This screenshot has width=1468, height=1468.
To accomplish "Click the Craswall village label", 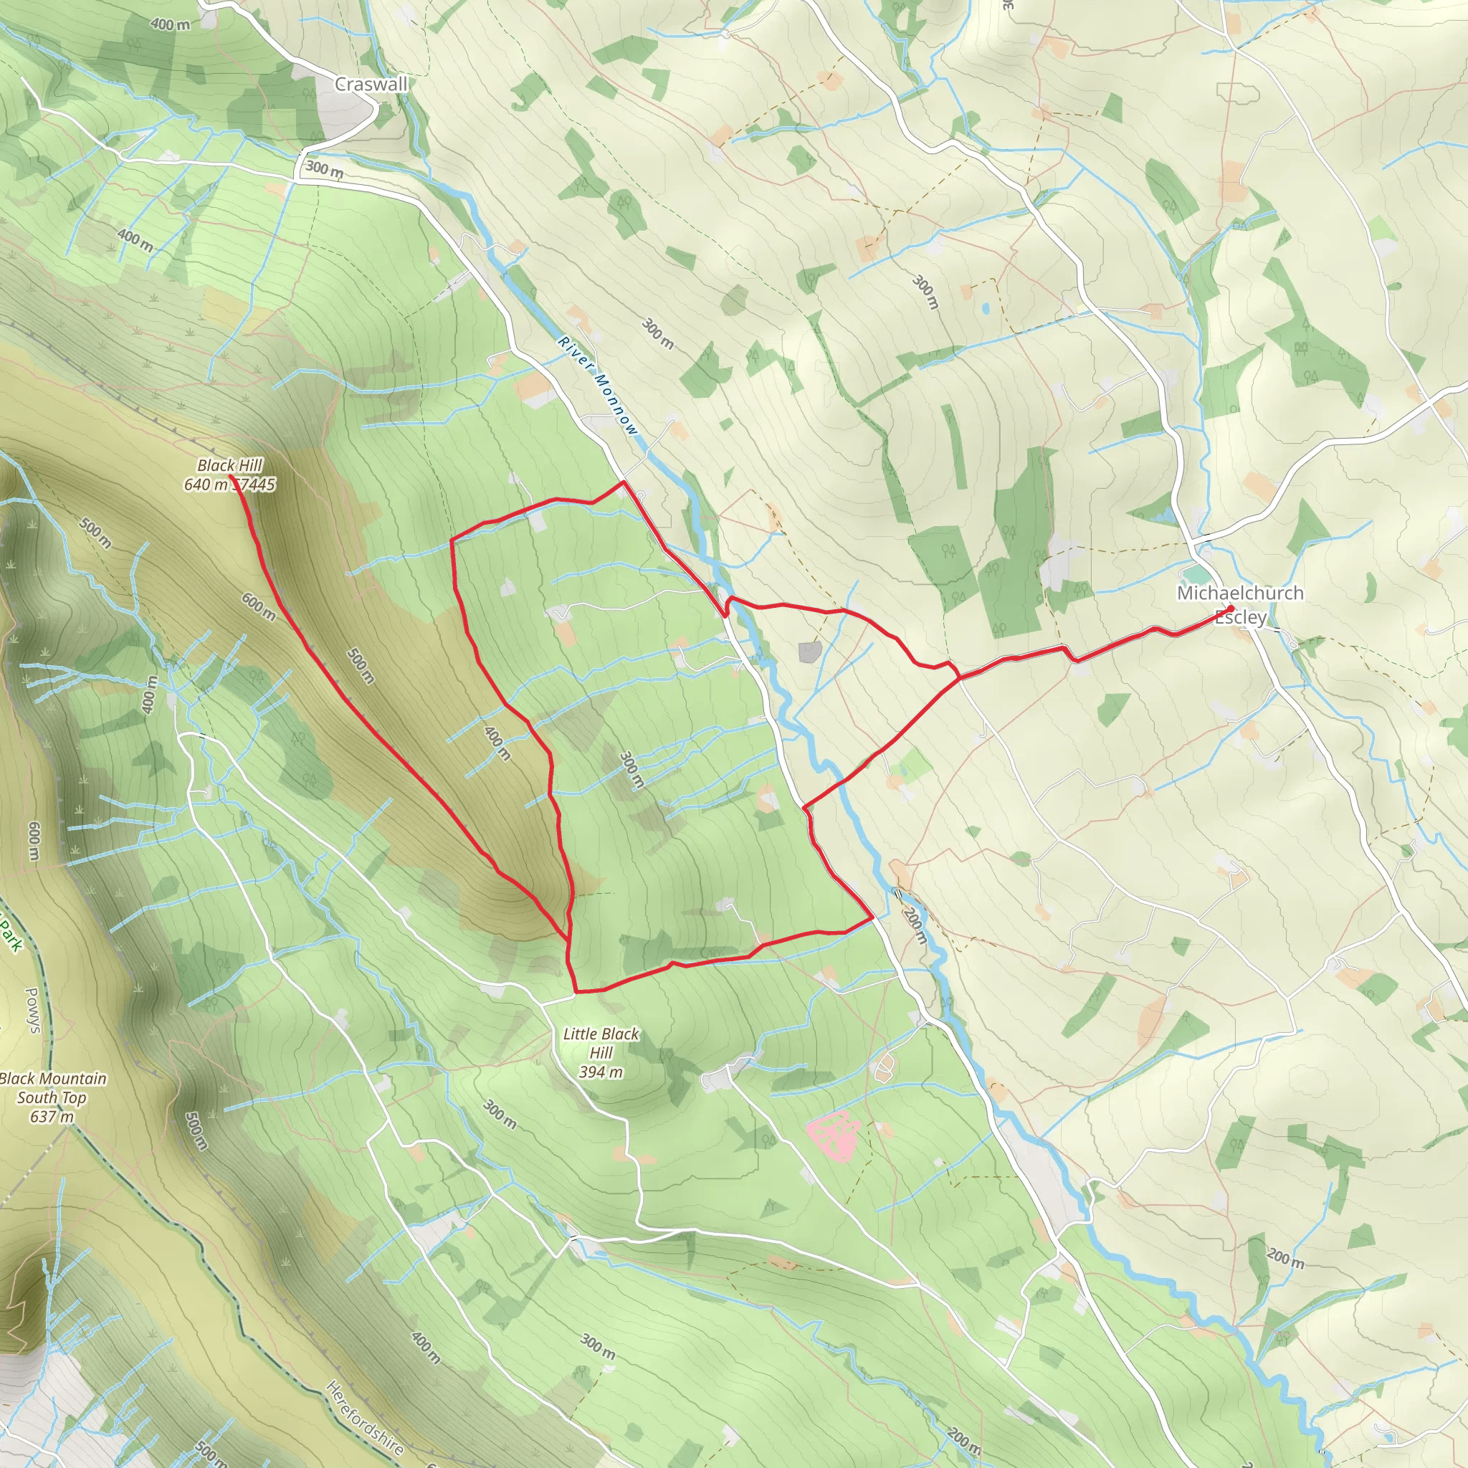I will [371, 85].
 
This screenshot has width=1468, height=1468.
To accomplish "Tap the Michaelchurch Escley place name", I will [1240, 604].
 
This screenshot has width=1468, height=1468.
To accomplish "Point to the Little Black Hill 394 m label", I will [601, 1052].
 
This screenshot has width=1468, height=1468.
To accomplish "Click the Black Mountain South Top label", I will [52, 1097].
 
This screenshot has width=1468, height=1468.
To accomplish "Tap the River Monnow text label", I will [598, 386].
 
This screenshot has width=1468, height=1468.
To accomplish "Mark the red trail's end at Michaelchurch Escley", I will [1230, 608].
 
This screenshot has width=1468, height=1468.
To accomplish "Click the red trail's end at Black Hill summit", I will [230, 477].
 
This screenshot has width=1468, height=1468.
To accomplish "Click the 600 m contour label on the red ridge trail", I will [258, 606].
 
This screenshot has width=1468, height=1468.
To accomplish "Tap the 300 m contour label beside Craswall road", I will [325, 168].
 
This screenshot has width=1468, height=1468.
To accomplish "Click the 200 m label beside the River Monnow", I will [916, 926].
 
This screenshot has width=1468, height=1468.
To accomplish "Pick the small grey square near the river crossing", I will [811, 651].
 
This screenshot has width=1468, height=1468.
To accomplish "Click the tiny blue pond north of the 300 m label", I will [986, 308].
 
